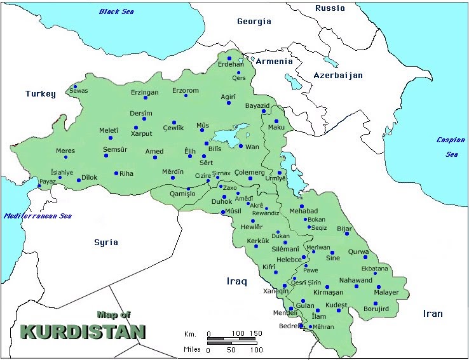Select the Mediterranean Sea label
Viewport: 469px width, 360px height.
coord(37,216)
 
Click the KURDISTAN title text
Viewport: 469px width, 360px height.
coord(83,332)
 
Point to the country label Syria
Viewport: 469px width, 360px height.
coord(106,243)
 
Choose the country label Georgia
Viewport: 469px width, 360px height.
coord(254,22)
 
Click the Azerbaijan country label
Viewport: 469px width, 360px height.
coord(337,76)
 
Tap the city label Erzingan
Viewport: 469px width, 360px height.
coord(144,93)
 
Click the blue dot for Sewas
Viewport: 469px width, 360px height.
coord(75,86)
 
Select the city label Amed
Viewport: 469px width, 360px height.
coord(154,152)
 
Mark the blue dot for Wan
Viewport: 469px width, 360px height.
coord(241,146)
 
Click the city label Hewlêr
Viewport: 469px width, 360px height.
coord(251,228)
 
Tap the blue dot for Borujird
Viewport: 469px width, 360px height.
coord(376,303)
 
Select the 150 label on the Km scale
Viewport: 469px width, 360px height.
coord(255,333)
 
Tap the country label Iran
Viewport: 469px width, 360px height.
coord(433,314)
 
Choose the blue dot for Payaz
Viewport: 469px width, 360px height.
coord(39,186)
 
